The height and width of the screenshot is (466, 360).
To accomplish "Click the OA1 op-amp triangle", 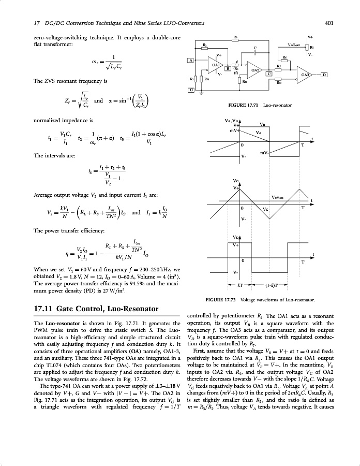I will [x=216, y=65].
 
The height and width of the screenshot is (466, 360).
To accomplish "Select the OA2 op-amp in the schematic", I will [x=256, y=70].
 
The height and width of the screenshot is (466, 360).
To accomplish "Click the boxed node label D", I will [x=324, y=75].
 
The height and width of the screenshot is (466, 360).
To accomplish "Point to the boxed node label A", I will [x=190, y=61].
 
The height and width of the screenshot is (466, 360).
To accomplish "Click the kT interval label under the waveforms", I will [x=240, y=285].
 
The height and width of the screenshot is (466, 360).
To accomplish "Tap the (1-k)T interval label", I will [x=272, y=285].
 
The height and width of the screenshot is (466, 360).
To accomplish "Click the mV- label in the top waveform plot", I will [x=264, y=152].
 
